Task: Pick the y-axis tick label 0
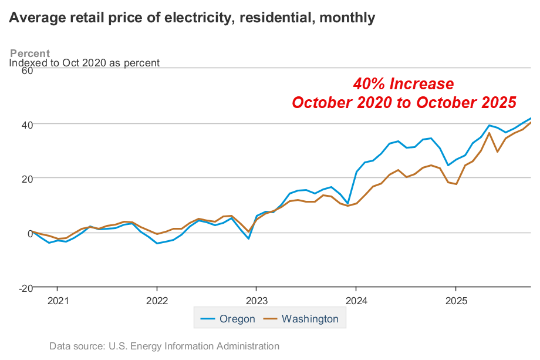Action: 28,233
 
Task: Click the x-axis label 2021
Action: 58,301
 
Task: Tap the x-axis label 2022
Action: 157,301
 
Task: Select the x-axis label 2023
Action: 256,301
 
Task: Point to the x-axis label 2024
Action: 356,301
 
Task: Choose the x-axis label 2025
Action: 456,301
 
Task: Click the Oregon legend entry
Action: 228,319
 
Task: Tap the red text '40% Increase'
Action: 403,83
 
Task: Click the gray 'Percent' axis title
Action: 30,53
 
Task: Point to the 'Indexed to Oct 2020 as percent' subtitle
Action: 85,63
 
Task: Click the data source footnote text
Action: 164,346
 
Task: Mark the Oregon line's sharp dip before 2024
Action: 348,203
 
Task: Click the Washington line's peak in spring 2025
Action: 490,133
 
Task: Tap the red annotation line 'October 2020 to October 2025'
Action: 404,102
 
